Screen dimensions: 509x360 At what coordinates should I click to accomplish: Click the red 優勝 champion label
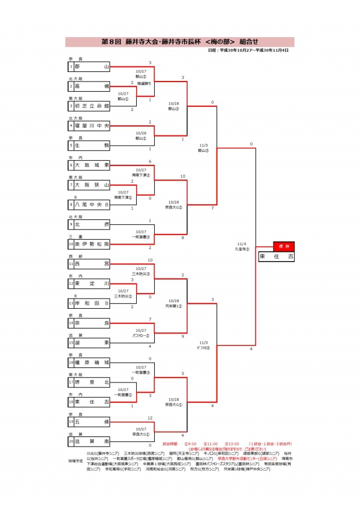(283, 246)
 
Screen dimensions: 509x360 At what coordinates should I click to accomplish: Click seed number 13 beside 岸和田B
(71, 303)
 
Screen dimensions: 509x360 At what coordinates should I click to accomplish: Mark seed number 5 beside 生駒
(71, 146)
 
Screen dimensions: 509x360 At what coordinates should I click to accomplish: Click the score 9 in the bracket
(183, 336)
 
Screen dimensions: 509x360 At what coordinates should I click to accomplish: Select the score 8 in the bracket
(183, 238)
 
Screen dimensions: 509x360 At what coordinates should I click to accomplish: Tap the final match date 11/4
(241, 244)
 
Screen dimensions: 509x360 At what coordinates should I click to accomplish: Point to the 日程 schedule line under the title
(248, 51)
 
